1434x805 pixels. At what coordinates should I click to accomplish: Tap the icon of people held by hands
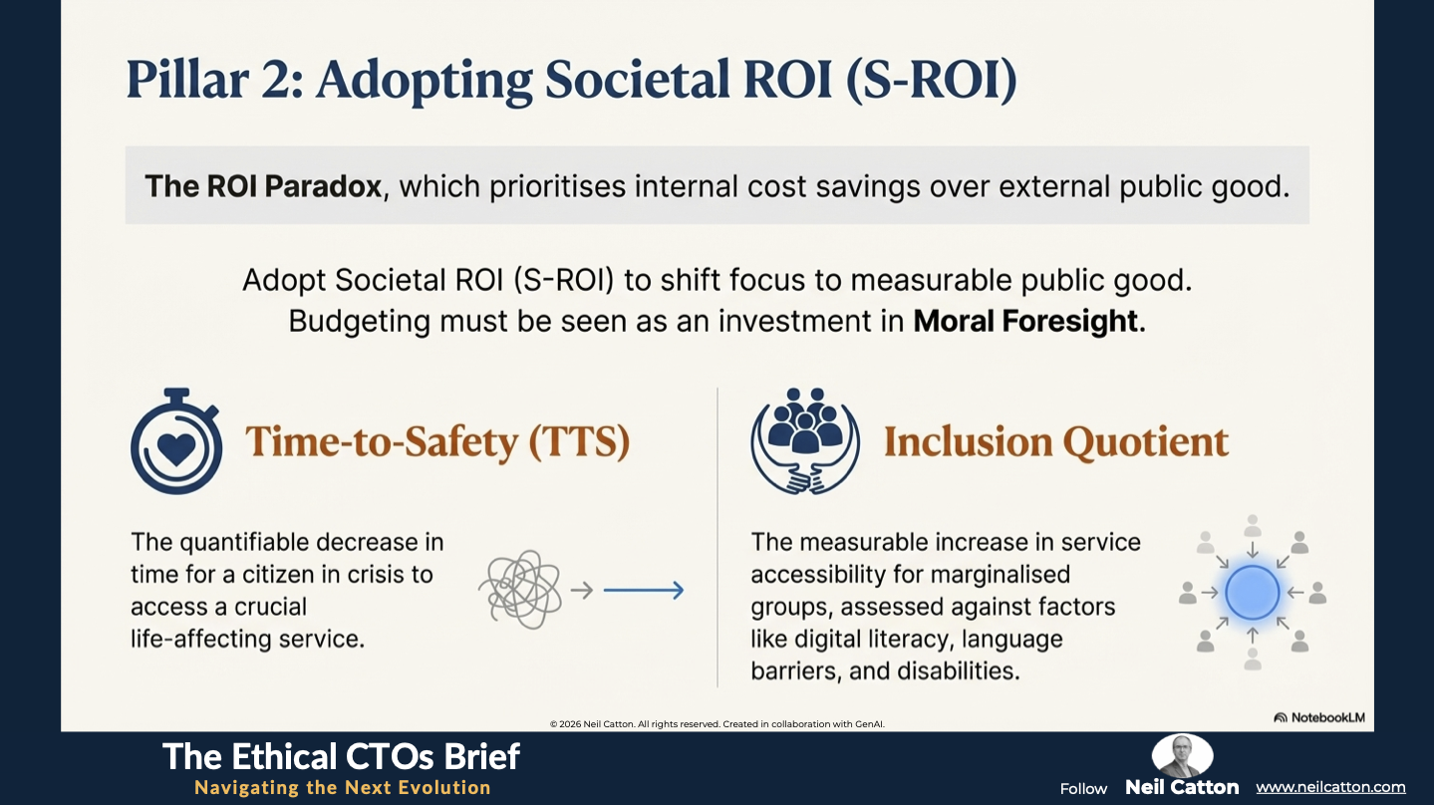(x=805, y=441)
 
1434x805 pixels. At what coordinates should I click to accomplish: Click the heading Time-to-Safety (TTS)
(x=437, y=442)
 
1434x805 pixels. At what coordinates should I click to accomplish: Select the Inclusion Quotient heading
(x=1056, y=442)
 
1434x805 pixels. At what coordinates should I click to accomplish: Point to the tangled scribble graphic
(x=520, y=590)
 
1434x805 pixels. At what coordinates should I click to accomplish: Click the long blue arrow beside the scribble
(x=644, y=590)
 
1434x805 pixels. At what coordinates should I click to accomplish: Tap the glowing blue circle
(x=1253, y=593)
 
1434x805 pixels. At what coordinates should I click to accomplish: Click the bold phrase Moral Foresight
(x=1025, y=321)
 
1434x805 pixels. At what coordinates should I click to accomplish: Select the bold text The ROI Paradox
(x=263, y=186)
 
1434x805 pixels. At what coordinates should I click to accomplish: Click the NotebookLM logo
(x=1319, y=717)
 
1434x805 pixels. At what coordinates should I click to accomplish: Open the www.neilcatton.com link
(x=1330, y=787)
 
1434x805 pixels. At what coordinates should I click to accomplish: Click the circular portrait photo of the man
(x=1182, y=756)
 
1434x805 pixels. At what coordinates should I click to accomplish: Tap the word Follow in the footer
(x=1083, y=788)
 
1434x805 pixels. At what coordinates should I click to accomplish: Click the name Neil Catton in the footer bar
(x=1182, y=787)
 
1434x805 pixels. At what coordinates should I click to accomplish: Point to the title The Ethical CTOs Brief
(x=341, y=756)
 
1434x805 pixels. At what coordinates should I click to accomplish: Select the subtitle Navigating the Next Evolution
(x=343, y=787)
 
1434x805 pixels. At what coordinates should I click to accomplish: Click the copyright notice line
(x=717, y=723)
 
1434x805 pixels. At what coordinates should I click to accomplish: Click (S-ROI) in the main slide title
(x=932, y=80)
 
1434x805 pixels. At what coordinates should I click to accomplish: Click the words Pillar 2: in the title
(x=215, y=80)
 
